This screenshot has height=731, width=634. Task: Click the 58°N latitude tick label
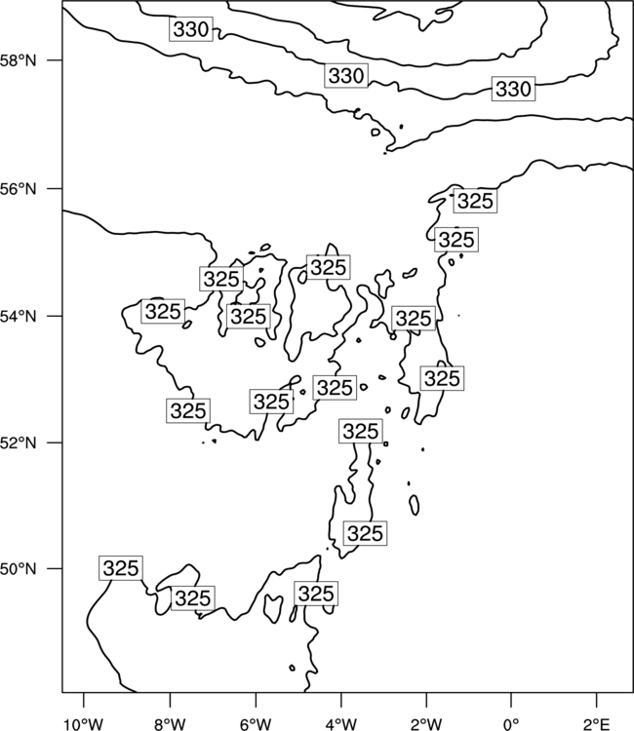pyautogui.click(x=19, y=60)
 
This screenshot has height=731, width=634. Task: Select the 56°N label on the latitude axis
pyautogui.click(x=19, y=189)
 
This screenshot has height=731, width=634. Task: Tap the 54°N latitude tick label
pyautogui.click(x=19, y=317)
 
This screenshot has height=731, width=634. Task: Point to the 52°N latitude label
pyautogui.click(x=19, y=442)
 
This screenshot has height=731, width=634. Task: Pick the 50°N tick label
pyautogui.click(x=19, y=569)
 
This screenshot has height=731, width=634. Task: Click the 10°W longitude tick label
pyautogui.click(x=84, y=723)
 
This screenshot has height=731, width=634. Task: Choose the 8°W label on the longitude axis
pyautogui.click(x=170, y=723)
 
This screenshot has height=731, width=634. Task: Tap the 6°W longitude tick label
pyautogui.click(x=256, y=723)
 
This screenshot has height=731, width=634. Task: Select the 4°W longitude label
pyautogui.click(x=341, y=723)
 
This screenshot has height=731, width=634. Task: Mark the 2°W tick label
pyautogui.click(x=426, y=723)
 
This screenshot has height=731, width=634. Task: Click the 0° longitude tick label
pyautogui.click(x=511, y=723)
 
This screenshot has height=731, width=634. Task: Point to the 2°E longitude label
pyautogui.click(x=597, y=723)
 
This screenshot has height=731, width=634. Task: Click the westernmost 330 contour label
pyautogui.click(x=191, y=29)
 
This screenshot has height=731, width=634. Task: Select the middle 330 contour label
pyautogui.click(x=346, y=75)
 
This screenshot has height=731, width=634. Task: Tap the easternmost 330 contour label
pyautogui.click(x=514, y=89)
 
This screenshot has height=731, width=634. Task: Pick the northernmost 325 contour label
pyautogui.click(x=475, y=201)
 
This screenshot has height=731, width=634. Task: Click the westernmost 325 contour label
pyautogui.click(x=121, y=568)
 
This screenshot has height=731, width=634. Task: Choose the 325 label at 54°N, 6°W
pyautogui.click(x=249, y=316)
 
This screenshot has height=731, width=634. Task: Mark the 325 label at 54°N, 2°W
pyautogui.click(x=414, y=319)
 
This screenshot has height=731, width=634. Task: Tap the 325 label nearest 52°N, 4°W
pyautogui.click(x=361, y=431)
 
